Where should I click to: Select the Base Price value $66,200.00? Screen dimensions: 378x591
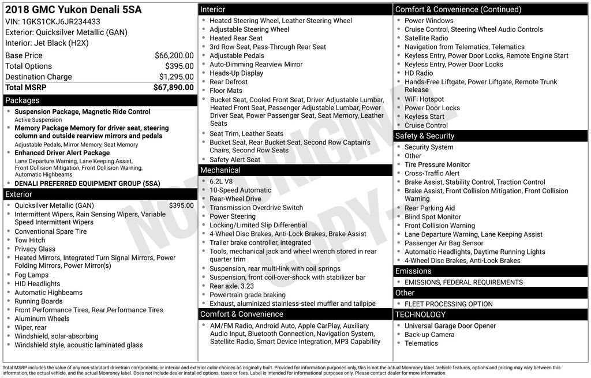(174, 55)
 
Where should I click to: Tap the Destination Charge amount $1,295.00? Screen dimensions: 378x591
(176, 77)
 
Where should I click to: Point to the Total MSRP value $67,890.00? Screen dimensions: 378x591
(173, 88)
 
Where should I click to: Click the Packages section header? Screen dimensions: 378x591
(23, 100)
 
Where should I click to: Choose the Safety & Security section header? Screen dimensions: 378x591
(425, 136)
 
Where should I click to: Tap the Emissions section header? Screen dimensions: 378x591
(413, 271)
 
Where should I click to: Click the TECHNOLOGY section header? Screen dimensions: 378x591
(420, 315)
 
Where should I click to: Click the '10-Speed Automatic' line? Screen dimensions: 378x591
(240, 190)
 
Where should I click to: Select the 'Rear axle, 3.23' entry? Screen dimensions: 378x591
(231, 286)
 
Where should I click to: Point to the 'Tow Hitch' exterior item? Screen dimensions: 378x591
(30, 240)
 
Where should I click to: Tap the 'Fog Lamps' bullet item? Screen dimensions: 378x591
(32, 275)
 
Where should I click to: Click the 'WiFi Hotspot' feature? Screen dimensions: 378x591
(424, 99)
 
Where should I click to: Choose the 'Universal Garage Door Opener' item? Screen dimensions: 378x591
(450, 326)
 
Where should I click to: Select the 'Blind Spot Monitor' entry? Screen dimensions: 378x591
(433, 217)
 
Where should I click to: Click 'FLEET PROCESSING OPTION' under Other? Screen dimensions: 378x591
(448, 304)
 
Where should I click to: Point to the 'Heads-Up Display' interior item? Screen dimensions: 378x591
(236, 73)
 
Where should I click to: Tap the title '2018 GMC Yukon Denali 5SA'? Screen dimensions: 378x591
(73, 10)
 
